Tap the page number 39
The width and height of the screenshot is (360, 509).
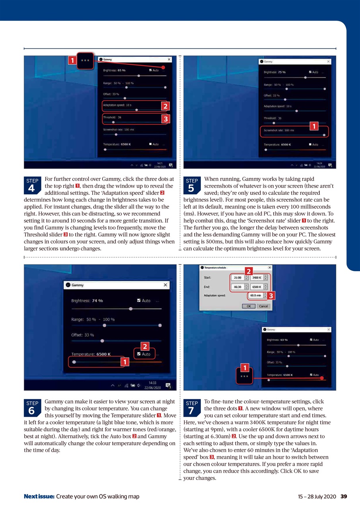click(x=344, y=496)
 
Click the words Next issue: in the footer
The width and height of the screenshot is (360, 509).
click(x=39, y=496)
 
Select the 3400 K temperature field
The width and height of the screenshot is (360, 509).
click(x=257, y=278)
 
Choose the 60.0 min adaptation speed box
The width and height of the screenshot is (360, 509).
click(x=255, y=295)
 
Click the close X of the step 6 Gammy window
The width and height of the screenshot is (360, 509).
click(x=165, y=285)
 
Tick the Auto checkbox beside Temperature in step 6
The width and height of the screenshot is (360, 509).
click(x=138, y=354)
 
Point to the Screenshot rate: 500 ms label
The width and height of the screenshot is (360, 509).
click(x=279, y=130)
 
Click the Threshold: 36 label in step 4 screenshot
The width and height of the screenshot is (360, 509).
click(x=112, y=117)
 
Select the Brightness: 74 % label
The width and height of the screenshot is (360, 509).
click(x=87, y=301)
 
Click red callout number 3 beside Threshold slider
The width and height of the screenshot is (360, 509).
click(x=165, y=119)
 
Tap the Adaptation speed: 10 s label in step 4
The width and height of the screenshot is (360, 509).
click(x=117, y=105)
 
